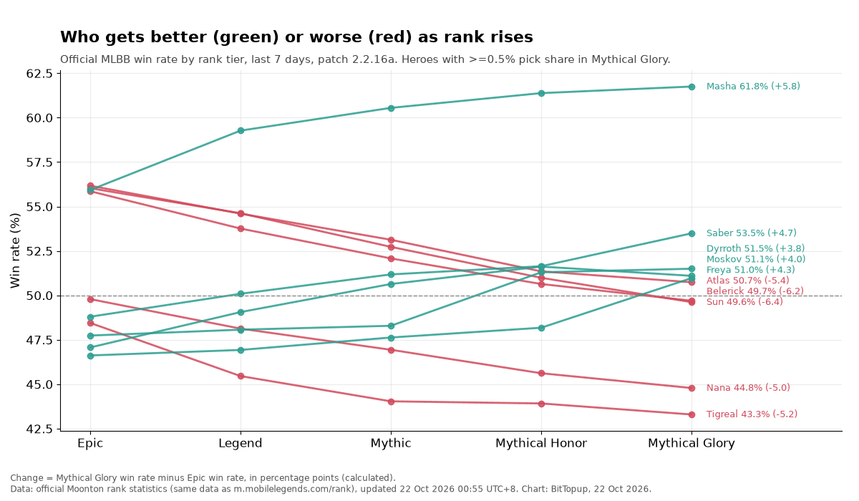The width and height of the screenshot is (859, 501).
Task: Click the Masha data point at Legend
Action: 241,131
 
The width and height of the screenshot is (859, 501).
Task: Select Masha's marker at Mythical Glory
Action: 691,87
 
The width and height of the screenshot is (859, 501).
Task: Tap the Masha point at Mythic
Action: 391,109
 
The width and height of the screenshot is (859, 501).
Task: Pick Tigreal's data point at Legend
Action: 241,376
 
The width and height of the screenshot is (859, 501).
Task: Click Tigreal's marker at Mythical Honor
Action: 541,404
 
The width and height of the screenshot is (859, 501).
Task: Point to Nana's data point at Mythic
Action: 391,351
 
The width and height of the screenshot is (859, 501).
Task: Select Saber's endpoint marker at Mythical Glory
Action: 691,234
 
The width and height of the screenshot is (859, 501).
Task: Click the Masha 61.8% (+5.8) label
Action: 753,87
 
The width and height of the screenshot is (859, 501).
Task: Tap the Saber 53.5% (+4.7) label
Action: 751,233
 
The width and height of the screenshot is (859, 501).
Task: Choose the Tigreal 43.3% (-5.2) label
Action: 752,414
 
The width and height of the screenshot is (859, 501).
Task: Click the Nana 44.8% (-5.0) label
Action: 748,388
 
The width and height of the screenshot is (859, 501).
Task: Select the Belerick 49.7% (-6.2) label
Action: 754,291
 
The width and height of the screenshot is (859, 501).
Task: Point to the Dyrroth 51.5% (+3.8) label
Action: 755,248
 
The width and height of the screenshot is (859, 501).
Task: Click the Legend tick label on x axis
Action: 241,444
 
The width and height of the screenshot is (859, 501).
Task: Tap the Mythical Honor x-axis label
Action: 541,444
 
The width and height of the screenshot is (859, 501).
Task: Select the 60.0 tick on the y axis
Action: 39,118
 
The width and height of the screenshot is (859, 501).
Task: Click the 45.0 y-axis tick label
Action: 39,385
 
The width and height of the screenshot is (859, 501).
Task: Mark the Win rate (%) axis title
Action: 15,250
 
